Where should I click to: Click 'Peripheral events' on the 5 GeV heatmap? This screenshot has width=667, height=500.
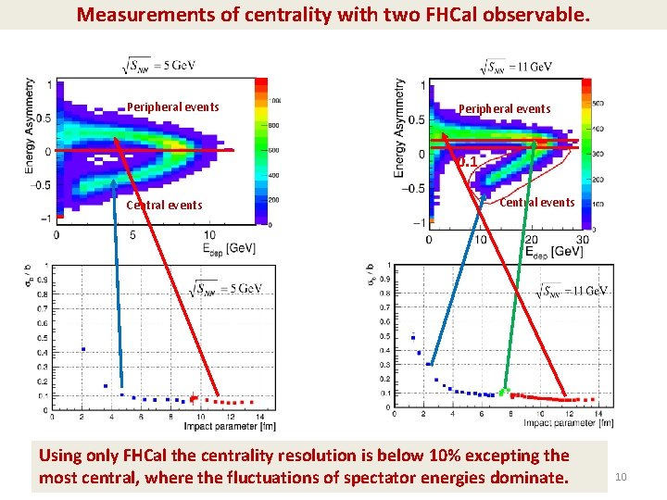tap(173, 106)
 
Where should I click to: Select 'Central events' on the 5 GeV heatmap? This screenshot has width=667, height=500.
tap(164, 205)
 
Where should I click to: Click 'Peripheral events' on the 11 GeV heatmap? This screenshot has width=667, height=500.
tap(504, 108)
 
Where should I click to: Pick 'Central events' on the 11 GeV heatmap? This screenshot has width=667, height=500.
tap(537, 202)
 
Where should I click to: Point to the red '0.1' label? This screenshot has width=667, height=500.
tap(468, 162)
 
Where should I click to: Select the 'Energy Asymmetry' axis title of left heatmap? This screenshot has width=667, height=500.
tap(30, 122)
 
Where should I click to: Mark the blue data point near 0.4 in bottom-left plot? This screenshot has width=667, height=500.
tap(83, 349)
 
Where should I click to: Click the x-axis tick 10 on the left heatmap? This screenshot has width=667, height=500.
tap(210, 235)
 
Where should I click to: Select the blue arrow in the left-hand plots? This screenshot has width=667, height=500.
tap(120, 278)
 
